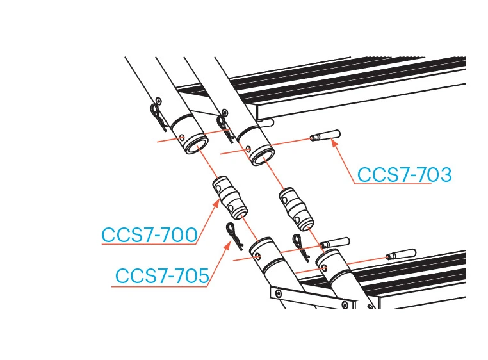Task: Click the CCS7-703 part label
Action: (404, 175)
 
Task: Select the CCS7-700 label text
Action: (149, 235)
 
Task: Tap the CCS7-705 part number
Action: (162, 275)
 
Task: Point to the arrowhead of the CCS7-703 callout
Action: (334, 143)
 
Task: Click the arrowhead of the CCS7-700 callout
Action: (216, 203)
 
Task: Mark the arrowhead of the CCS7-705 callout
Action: (227, 246)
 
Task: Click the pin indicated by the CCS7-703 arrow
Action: (325, 135)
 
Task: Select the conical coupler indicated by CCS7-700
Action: (230, 198)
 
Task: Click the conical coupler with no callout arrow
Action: (297, 209)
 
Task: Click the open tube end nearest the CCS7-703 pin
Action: (263, 157)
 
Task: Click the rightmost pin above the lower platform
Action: (401, 254)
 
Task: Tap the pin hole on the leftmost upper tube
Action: (183, 137)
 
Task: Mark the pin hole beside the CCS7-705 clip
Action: (257, 257)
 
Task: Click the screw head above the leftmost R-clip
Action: (159, 101)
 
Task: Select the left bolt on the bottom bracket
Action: (278, 293)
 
